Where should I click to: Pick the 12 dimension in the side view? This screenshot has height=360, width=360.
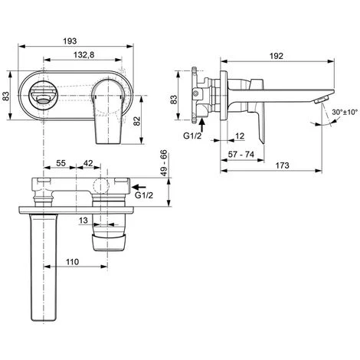tap(240, 136)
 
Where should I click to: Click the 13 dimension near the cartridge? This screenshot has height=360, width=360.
tap(81, 221)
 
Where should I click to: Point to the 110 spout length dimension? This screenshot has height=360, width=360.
tap(73, 261)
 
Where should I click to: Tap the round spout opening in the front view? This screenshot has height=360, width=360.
tap(39, 95)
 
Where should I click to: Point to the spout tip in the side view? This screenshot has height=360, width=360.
tap(326, 99)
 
